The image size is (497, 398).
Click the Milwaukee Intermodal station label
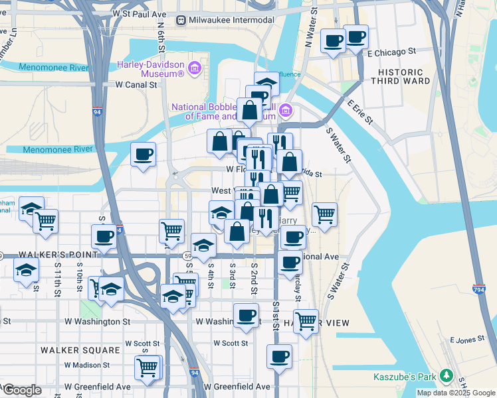231,20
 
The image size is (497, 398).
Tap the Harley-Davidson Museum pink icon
195,68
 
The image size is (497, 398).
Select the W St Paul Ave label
139,13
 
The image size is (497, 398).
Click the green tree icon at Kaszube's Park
448,377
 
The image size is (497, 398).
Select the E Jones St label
467,340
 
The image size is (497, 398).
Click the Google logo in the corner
21,390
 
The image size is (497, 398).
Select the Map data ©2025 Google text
456,393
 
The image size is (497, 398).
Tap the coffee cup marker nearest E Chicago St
355,36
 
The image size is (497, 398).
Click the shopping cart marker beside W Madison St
148,366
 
